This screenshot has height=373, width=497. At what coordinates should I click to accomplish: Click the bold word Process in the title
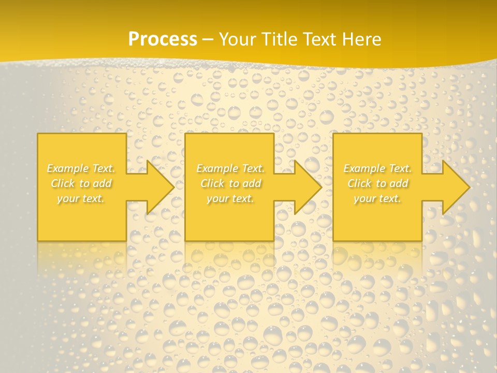(x=163, y=39)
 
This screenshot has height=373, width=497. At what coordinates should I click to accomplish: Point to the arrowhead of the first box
(x=158, y=187)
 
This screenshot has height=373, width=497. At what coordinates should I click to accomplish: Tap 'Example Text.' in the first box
(x=81, y=168)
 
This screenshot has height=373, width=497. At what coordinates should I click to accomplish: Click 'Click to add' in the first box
(x=81, y=183)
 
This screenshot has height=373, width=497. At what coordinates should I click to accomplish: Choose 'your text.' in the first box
(x=81, y=198)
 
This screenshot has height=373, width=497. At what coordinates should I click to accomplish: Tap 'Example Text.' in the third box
(x=377, y=168)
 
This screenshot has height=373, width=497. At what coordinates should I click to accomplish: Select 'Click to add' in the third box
(x=377, y=183)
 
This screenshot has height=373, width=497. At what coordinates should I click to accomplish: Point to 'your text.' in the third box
(x=377, y=198)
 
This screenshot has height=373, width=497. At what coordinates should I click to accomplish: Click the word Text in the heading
(x=322, y=39)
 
